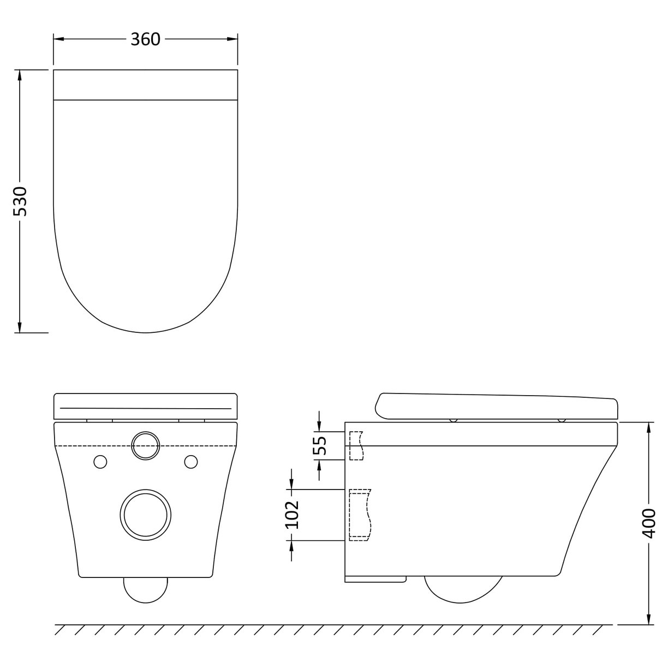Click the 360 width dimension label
point(145,39)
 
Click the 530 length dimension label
point(20,201)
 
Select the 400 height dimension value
point(648,523)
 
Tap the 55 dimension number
point(320,445)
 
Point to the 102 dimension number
point(293,514)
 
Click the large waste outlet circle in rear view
point(145,515)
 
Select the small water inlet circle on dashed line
point(145,446)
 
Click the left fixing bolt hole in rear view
point(100,462)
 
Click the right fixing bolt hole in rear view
point(190,462)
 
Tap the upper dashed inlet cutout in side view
point(356,445)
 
